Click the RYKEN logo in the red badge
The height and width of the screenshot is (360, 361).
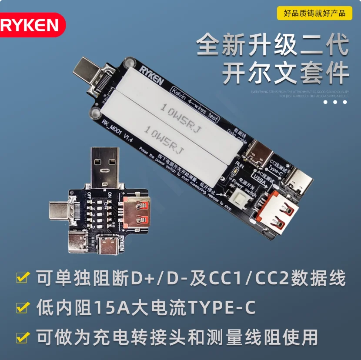[30, 25]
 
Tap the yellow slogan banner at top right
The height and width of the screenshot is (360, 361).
[314, 13]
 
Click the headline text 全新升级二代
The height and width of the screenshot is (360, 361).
[272, 45]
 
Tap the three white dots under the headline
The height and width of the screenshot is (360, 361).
[334, 102]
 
